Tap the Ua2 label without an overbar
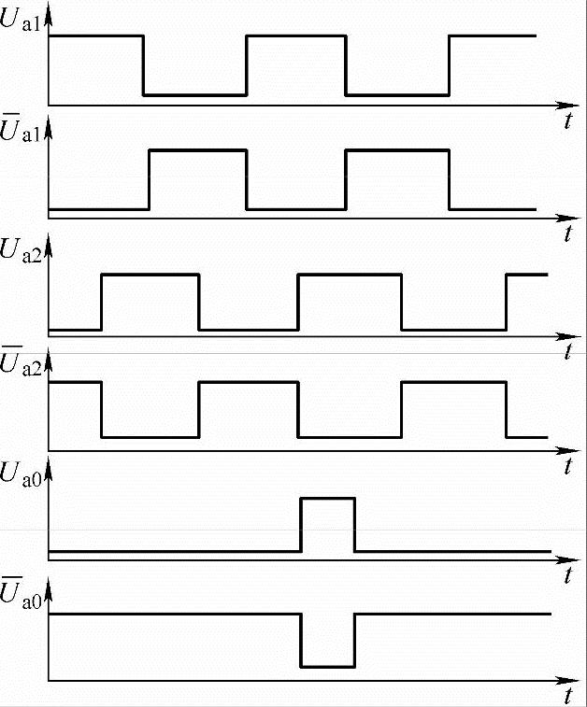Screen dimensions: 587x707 click(21, 250)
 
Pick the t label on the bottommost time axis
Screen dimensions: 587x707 click(567, 695)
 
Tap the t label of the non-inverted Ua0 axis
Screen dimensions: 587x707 click(567, 576)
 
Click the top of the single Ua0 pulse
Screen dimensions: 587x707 click(327, 499)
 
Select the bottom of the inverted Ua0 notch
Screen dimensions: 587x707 click(327, 666)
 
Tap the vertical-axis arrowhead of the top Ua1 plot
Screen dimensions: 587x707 click(49, 10)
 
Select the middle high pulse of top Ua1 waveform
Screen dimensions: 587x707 click(295, 35)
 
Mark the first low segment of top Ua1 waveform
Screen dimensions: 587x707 click(194, 94)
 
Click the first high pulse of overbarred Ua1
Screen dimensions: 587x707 click(198, 149)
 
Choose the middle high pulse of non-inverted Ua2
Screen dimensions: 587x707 click(349, 274)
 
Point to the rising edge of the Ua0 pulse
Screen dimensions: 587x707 click(301, 525)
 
